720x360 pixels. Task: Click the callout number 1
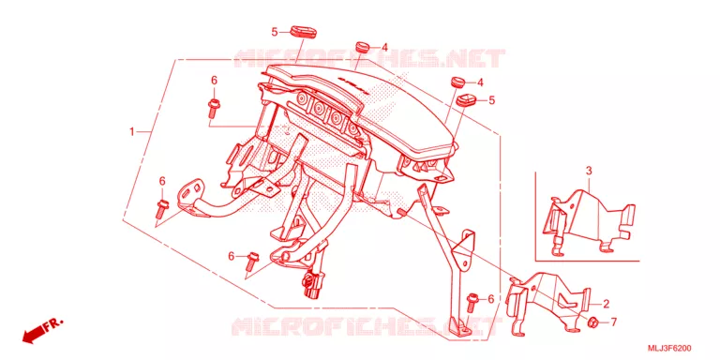click(x=132, y=132)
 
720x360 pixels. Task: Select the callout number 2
click(x=606, y=304)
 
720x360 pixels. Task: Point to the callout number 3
click(x=589, y=171)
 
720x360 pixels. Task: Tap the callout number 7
click(x=614, y=322)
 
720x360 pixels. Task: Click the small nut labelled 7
click(x=593, y=322)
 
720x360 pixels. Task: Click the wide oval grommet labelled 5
click(x=305, y=33)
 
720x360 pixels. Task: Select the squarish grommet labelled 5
click(x=468, y=98)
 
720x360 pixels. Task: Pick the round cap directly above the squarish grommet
click(x=457, y=82)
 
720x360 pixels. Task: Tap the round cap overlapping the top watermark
click(x=364, y=46)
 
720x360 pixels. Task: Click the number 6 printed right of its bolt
click(x=490, y=299)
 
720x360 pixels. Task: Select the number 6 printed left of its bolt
click(x=232, y=255)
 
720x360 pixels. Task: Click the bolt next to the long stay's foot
click(x=472, y=304)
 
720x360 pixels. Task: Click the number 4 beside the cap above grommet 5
click(x=480, y=82)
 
